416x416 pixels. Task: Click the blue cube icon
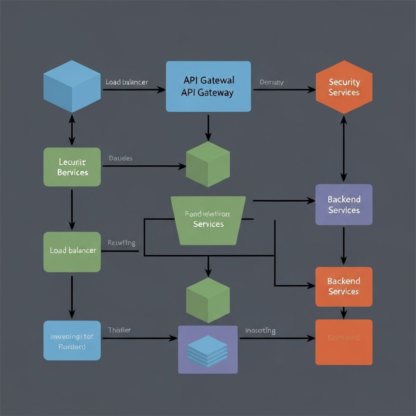(x=72, y=86)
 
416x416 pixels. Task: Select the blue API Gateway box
(x=208, y=86)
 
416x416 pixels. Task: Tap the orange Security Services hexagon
(x=344, y=87)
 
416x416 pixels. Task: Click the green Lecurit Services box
(x=72, y=167)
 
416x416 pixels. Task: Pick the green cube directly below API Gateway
(x=208, y=165)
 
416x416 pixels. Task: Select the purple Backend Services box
(x=344, y=205)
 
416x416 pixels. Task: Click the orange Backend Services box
(x=344, y=286)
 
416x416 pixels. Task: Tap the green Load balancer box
(x=72, y=251)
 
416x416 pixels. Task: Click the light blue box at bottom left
(x=72, y=340)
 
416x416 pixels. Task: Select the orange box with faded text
(x=344, y=342)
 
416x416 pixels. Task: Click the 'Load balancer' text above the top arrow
(x=127, y=82)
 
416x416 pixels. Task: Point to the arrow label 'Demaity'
(x=271, y=82)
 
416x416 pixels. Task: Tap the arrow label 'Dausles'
(x=121, y=158)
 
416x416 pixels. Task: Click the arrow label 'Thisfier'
(x=119, y=330)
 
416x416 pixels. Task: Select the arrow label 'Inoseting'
(x=260, y=331)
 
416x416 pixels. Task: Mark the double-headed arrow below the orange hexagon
(x=344, y=148)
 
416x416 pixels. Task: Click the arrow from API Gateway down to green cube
(x=208, y=127)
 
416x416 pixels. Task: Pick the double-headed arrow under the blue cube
(x=72, y=130)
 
